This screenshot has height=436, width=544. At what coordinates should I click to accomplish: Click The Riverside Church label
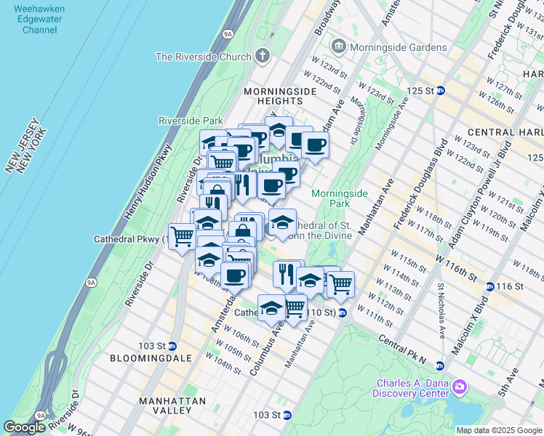(x=204, y=57)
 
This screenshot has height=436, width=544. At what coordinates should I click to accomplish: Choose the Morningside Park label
(x=340, y=198)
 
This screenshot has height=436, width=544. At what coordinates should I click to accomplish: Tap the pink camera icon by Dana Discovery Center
(x=460, y=386)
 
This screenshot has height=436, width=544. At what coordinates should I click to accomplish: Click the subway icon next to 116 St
(x=490, y=286)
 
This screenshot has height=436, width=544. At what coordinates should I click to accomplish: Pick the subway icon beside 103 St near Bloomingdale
(x=172, y=345)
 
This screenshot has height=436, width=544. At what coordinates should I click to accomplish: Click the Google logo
(x=25, y=427)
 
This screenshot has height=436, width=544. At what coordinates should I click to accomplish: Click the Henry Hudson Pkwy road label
(x=139, y=188)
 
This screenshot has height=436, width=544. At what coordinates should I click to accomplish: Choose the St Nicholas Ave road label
(x=441, y=311)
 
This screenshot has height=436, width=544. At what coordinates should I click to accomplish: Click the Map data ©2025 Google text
(x=499, y=430)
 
